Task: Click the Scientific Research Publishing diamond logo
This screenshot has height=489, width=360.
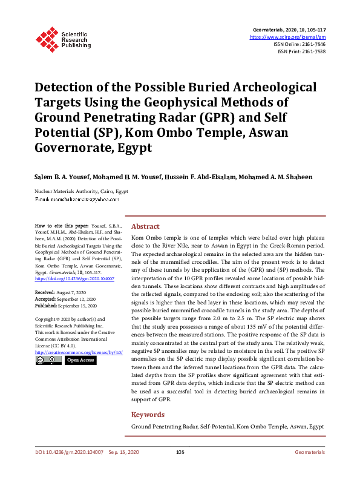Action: pyautogui.click(x=47, y=38)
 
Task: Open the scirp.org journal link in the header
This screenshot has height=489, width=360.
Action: pyautogui.click(x=287, y=37)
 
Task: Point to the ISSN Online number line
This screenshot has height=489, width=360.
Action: pyautogui.click(x=299, y=44)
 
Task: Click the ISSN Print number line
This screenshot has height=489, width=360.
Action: pyautogui.click(x=301, y=51)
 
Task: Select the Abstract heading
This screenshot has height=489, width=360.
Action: pyautogui.click(x=145, y=226)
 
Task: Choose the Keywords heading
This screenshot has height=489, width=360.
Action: pyautogui.click(x=148, y=415)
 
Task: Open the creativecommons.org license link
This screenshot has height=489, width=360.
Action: pyautogui.click(x=79, y=352)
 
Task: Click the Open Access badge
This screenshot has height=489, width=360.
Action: pyautogui.click(x=80, y=360)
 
